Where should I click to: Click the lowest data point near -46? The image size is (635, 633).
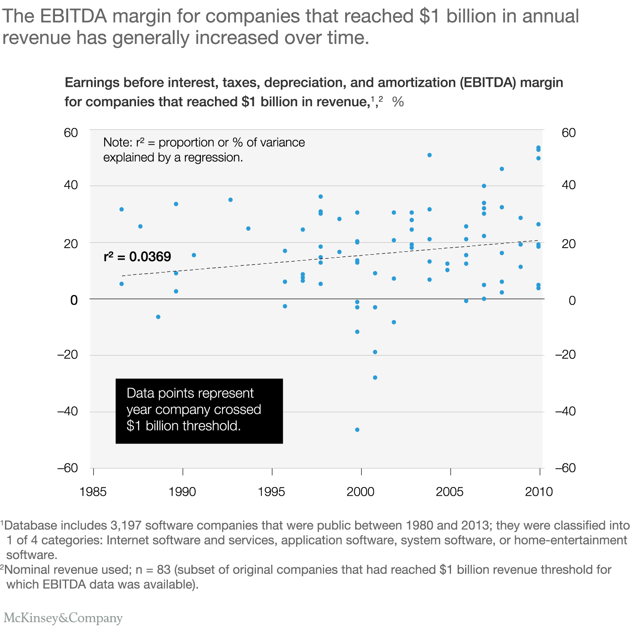(x=357, y=430)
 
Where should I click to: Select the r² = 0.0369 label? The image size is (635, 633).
(x=137, y=257)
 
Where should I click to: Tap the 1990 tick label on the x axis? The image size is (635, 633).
(x=182, y=492)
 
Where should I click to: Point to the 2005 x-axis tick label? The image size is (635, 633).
(x=450, y=492)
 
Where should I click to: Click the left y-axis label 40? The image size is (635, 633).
(x=71, y=185)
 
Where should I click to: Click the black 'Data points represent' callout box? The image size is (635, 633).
(x=199, y=411)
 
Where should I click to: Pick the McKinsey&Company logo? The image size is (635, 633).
(x=63, y=618)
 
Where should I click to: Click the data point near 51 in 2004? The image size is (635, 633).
(x=430, y=155)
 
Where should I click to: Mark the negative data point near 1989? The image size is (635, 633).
(x=158, y=317)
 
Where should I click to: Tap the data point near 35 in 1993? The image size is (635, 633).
(x=231, y=200)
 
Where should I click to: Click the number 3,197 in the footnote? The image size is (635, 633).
(x=126, y=526)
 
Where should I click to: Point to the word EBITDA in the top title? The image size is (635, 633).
(x=74, y=17)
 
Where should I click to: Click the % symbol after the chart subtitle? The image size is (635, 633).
(x=398, y=102)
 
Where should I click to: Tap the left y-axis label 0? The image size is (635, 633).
(x=74, y=300)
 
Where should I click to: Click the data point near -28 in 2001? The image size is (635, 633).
(x=375, y=377)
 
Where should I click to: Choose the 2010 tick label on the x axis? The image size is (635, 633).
(x=539, y=492)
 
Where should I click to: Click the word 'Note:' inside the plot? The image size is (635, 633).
(x=118, y=143)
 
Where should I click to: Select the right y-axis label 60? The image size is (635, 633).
(x=569, y=133)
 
